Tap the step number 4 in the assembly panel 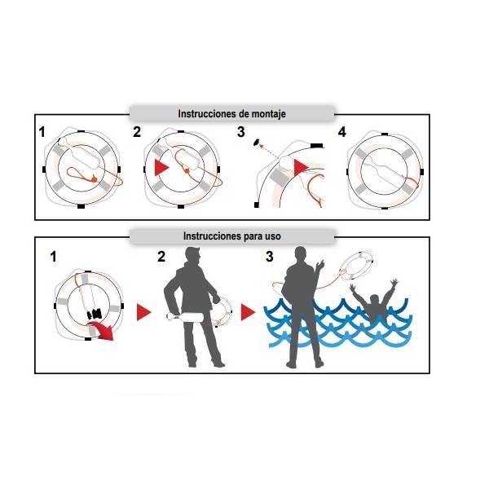click(342, 132)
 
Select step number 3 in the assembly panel click(240, 132)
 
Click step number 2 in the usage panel click(161, 257)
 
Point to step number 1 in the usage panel click(54, 257)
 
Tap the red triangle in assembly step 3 click(301, 167)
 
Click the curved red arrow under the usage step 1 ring click(100, 331)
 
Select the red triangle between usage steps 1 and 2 click(143, 312)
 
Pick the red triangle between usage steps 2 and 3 click(248, 312)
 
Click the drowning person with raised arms click(374, 299)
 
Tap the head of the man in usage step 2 click(193, 257)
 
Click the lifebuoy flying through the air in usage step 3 click(356, 266)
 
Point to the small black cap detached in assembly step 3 click(257, 142)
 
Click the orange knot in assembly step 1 click(94, 179)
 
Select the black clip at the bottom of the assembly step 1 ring click(81, 206)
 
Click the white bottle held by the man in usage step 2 click(186, 318)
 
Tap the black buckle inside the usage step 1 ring click(95, 314)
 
